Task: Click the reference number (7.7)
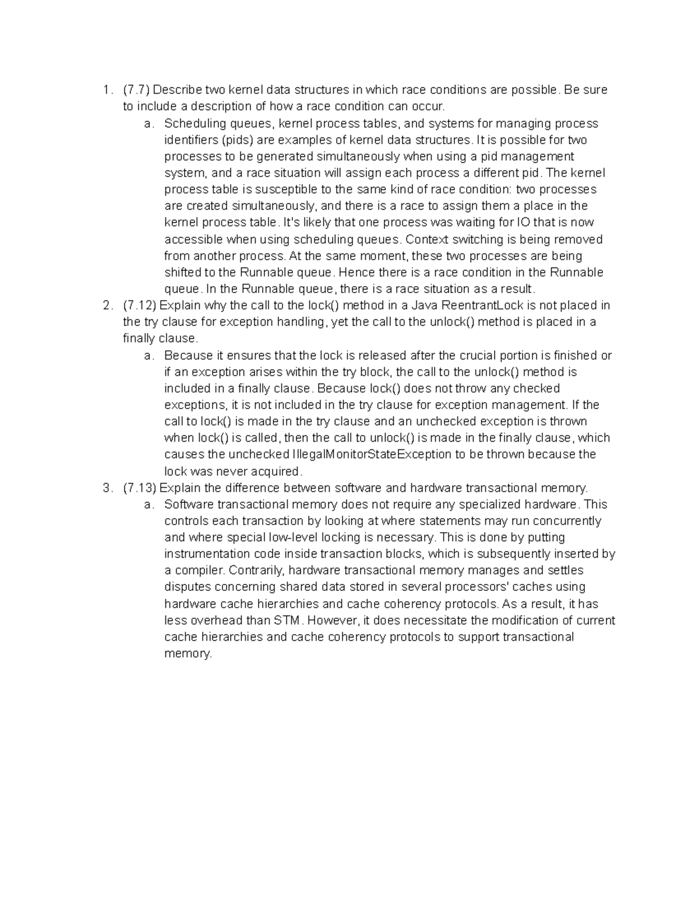click(136, 90)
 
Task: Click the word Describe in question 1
click(177, 90)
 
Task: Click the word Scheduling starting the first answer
click(190, 124)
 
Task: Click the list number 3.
click(105, 488)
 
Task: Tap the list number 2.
click(105, 305)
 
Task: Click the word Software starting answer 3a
click(186, 504)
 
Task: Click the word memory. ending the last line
click(188, 653)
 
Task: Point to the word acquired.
click(276, 471)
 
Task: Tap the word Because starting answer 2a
click(186, 355)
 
